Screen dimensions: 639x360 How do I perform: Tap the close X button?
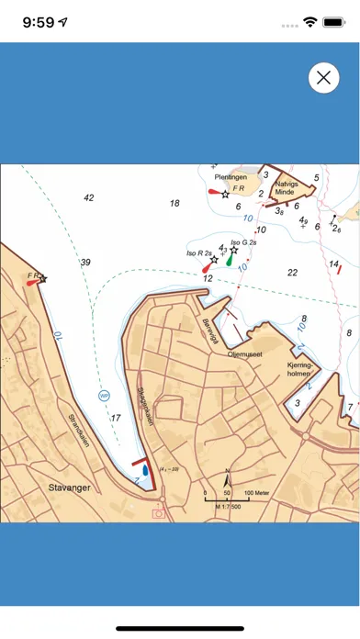(x=323, y=78)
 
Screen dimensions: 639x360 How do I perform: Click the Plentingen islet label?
(x=231, y=176)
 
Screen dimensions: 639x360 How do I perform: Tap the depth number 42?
(x=88, y=197)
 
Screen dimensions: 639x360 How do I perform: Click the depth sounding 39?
(x=85, y=262)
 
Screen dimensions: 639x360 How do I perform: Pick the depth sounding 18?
(x=174, y=203)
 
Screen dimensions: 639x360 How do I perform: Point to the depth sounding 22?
(x=292, y=272)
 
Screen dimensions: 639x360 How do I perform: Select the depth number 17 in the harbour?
(x=116, y=419)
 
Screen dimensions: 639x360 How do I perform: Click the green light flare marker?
(x=229, y=261)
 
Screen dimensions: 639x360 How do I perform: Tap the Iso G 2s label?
(x=242, y=242)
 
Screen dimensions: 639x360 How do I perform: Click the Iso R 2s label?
(x=199, y=252)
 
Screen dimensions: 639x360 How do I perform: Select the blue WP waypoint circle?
(x=104, y=396)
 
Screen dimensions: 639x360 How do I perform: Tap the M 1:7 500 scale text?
(x=220, y=506)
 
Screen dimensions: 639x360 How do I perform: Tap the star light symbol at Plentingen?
(x=225, y=195)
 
